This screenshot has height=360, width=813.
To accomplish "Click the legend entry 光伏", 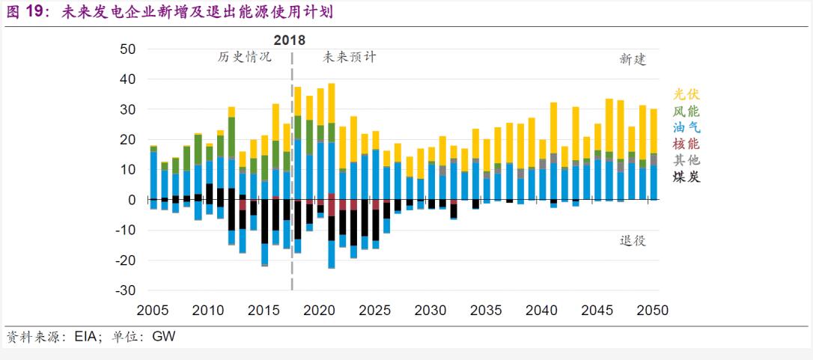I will pyautogui.click(x=686, y=94).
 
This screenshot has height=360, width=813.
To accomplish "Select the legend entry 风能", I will pyautogui.click(x=686, y=112).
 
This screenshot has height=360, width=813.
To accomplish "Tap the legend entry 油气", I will pyautogui.click(x=686, y=128).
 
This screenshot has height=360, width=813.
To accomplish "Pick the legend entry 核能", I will pyautogui.click(x=686, y=144).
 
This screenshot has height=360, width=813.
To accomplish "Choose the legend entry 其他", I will pyautogui.click(x=686, y=161).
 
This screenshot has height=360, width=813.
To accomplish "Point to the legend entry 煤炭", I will pyautogui.click(x=686, y=177).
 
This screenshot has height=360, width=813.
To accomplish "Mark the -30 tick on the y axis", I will pyautogui.click(x=125, y=290).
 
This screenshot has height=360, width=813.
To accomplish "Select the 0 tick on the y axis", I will pyautogui.click(x=131, y=200).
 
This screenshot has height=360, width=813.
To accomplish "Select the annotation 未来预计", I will pyautogui.click(x=350, y=57).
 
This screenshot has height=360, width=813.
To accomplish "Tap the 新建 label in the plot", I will pyautogui.click(x=633, y=59).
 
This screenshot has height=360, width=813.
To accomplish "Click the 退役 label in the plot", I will pyautogui.click(x=633, y=240).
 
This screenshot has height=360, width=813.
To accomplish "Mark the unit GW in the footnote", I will pyautogui.click(x=164, y=338).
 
